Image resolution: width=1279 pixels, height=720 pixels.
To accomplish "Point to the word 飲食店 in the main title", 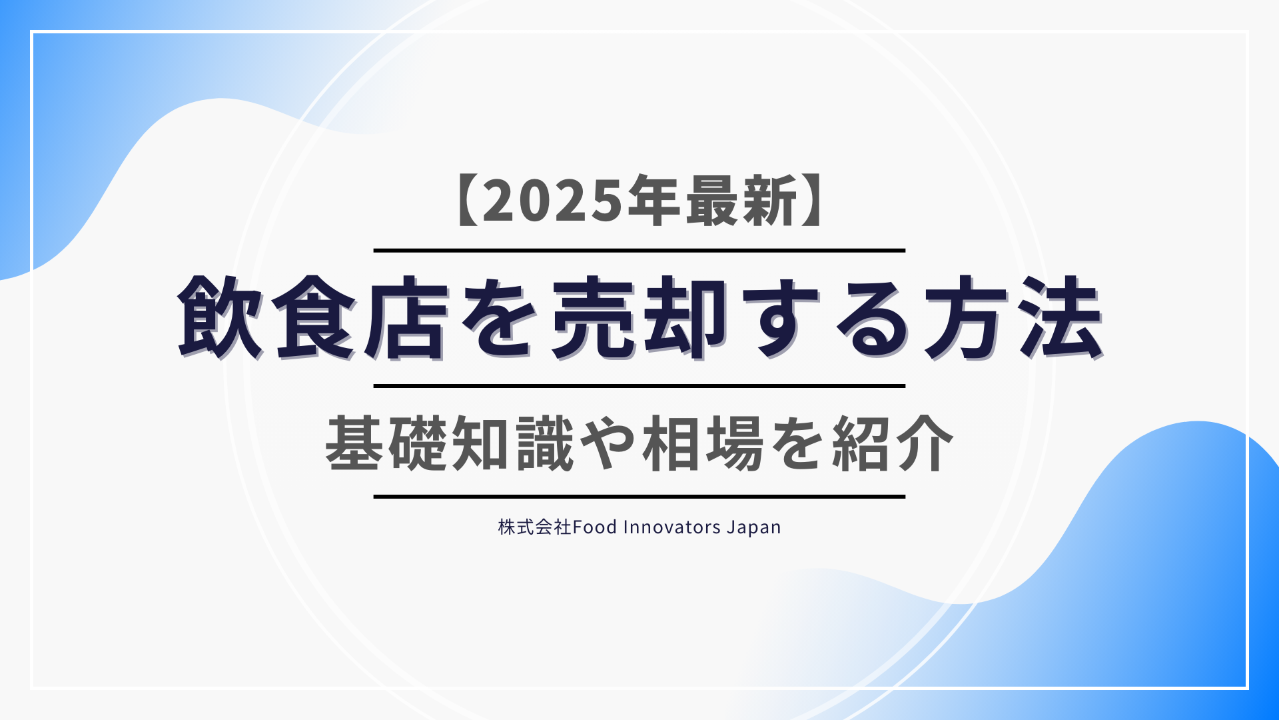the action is point(313,318).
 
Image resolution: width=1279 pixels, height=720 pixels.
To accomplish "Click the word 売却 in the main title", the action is point(639,318).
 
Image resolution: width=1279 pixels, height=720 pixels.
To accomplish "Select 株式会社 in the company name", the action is point(535,527).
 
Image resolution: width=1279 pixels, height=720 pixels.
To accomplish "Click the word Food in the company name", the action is point(595,527).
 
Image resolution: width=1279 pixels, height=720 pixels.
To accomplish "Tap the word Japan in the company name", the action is point(754,528).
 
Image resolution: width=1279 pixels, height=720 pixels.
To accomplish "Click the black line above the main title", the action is point(639,251).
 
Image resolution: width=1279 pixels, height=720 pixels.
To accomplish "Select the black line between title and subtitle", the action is point(639,386).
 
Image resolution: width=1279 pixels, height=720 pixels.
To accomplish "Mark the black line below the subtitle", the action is point(639,497).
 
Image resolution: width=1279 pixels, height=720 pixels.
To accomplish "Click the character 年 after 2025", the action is point(653,201).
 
